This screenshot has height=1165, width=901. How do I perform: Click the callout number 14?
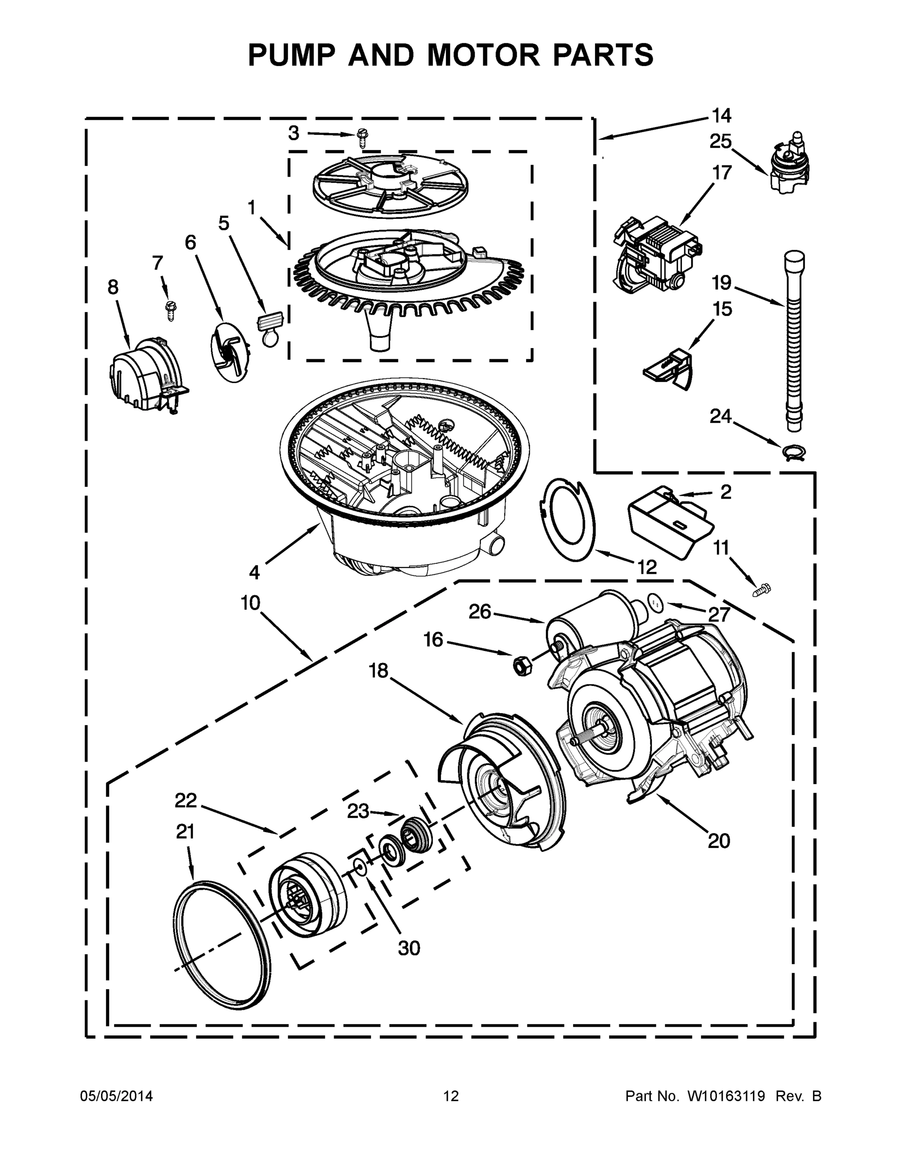(x=721, y=115)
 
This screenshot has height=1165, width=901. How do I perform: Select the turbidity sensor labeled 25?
(x=789, y=163)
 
